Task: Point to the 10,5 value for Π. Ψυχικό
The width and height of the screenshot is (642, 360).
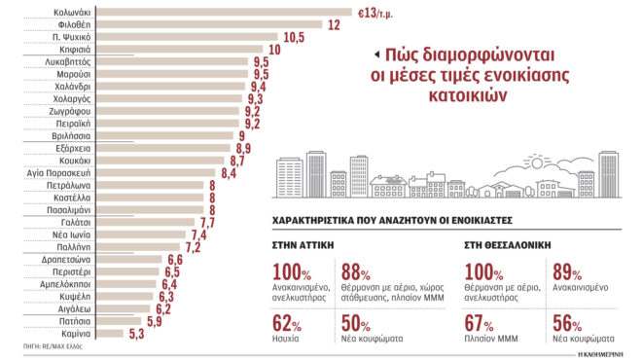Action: pyautogui.click(x=296, y=37)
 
